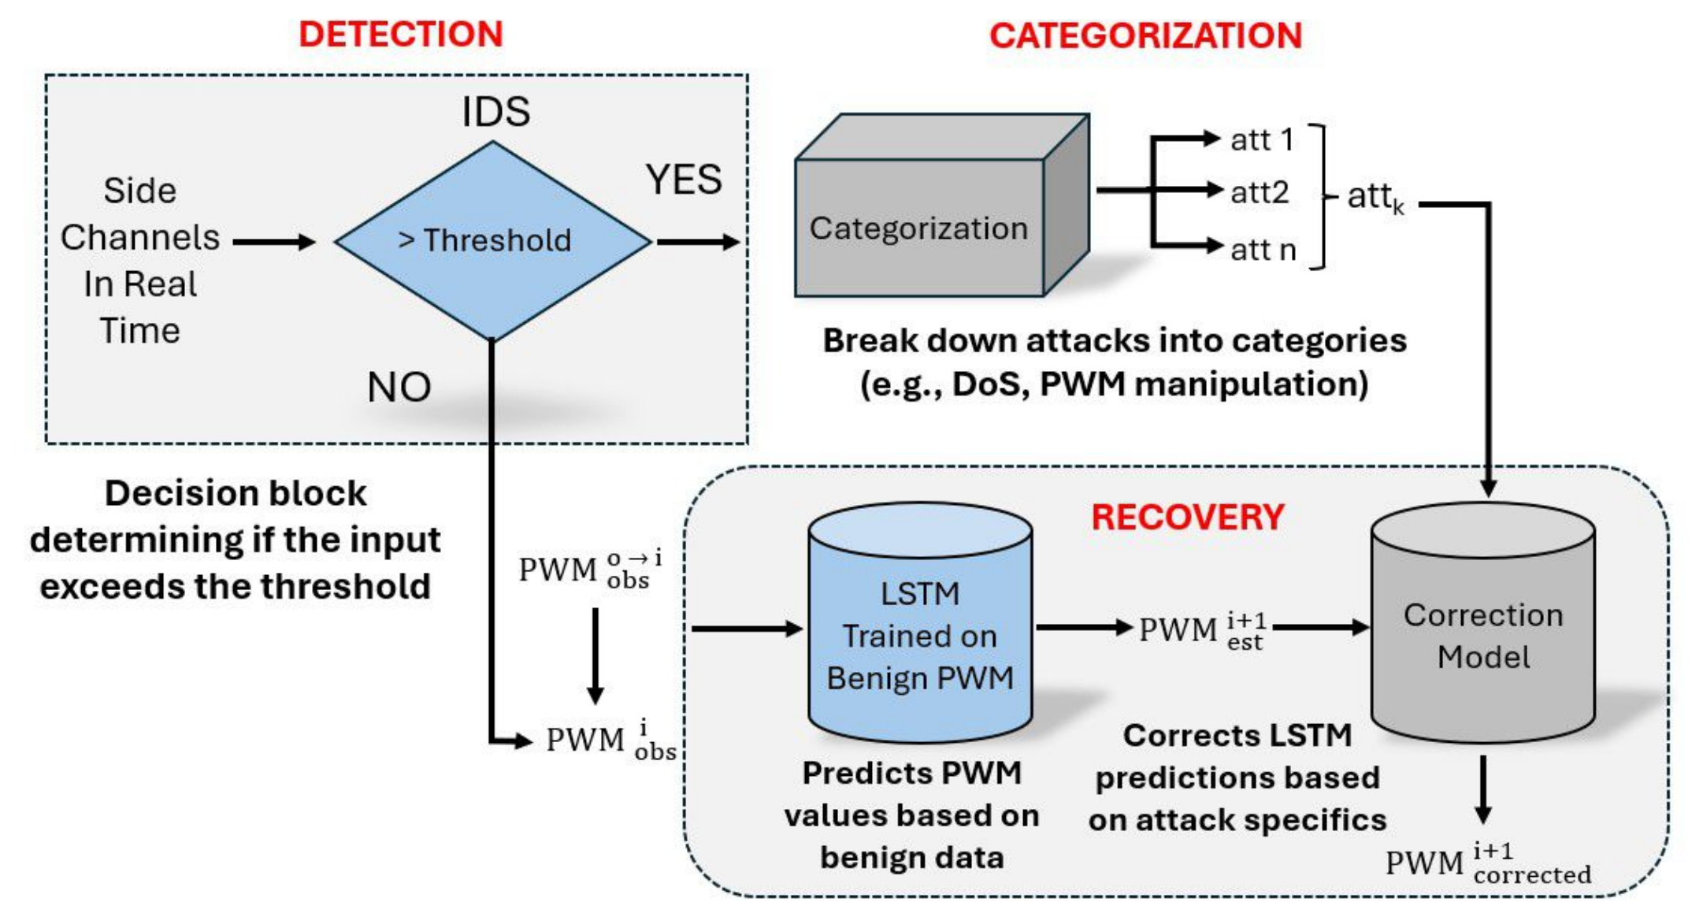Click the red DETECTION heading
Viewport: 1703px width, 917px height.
(x=400, y=35)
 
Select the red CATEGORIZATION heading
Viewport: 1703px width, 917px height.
(x=1145, y=36)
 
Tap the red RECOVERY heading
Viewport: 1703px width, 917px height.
(x=1187, y=518)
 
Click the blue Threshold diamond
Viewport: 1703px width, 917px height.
(x=492, y=240)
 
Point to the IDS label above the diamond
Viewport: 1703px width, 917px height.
(x=495, y=111)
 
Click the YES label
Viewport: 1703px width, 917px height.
(x=684, y=180)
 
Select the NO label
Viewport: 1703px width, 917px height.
(x=399, y=388)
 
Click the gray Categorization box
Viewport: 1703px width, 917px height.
(x=918, y=228)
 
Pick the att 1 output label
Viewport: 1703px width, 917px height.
(x=1262, y=140)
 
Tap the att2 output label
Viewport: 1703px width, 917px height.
(x=1260, y=192)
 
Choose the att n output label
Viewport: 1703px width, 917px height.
(x=1263, y=250)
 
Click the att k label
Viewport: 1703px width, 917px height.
(x=1375, y=197)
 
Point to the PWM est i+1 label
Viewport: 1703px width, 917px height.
(x=1202, y=630)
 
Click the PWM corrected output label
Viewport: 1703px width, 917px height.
(x=1487, y=863)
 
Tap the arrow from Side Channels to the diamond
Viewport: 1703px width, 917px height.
(x=274, y=242)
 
